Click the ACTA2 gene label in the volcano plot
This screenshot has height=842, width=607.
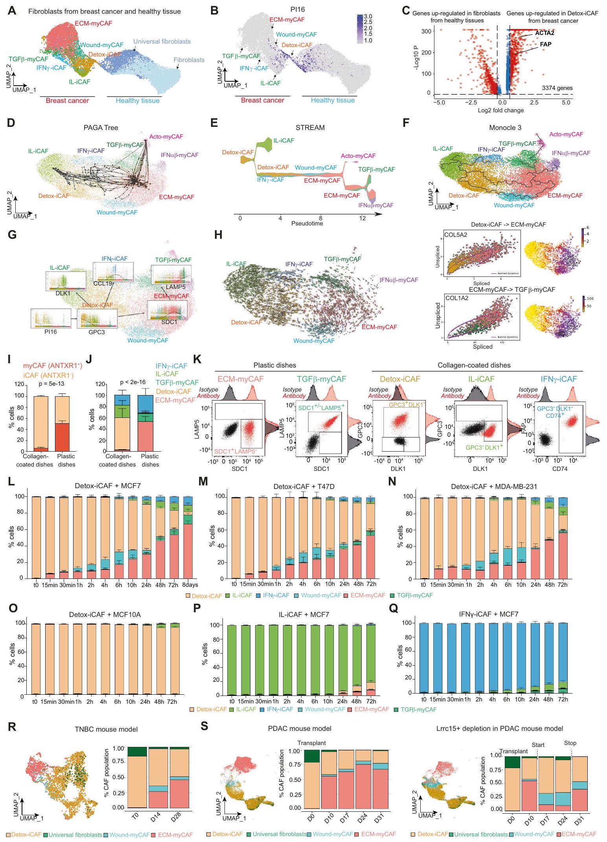(543, 33)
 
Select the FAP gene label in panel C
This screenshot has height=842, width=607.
(545, 44)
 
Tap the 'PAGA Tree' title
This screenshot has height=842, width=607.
(101, 128)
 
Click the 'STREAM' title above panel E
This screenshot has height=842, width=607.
(310, 128)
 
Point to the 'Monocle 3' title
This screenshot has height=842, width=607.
(505, 128)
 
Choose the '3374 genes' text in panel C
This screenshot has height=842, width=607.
(557, 88)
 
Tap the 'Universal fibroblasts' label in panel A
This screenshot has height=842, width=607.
(162, 42)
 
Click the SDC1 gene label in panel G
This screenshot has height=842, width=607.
(169, 322)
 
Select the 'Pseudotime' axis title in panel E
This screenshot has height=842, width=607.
(307, 223)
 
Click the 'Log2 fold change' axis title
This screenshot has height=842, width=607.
(500, 110)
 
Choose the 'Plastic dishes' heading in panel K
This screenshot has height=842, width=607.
(275, 365)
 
